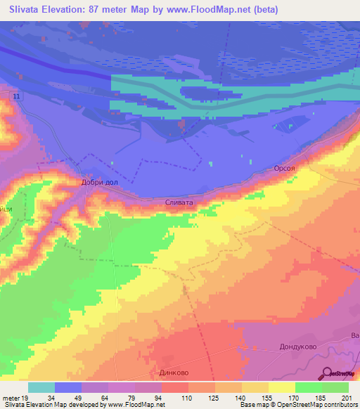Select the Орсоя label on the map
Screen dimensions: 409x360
(285, 169)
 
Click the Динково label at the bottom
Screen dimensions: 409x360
(175, 373)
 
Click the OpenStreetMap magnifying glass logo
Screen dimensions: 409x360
(328, 373)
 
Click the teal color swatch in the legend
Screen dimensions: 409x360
(41, 387)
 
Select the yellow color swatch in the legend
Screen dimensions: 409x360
(282, 387)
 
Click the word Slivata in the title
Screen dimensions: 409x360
(29, 10)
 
